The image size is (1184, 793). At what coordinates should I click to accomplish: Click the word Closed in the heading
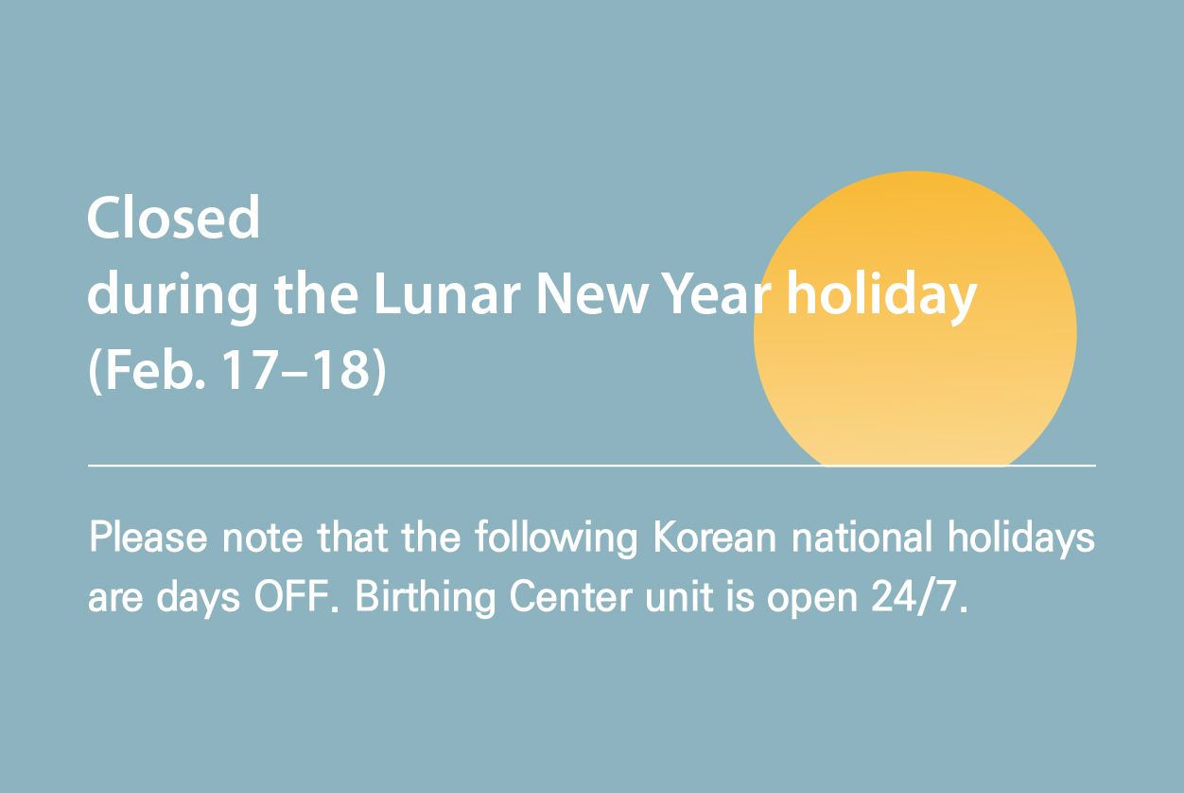coord(173,219)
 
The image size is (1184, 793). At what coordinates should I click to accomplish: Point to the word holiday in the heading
coord(881,296)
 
